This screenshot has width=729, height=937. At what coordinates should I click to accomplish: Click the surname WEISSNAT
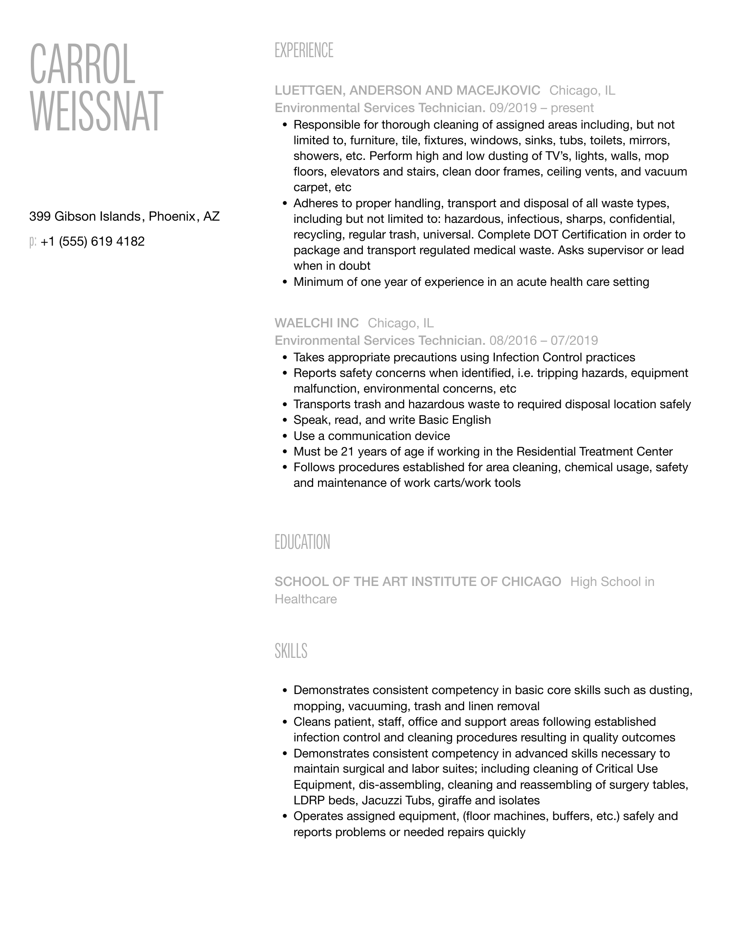[96, 111]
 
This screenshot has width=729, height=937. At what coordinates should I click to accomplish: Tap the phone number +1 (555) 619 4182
[92, 242]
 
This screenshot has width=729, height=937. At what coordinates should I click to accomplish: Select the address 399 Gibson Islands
[85, 217]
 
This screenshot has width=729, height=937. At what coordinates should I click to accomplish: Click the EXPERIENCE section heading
[304, 50]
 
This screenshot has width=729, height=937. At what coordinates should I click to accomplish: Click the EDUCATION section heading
[302, 542]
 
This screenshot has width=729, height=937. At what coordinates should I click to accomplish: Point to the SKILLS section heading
[291, 651]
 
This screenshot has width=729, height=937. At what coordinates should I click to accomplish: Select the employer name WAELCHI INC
[317, 323]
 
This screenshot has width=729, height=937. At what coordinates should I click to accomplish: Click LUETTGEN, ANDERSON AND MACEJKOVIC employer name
[407, 91]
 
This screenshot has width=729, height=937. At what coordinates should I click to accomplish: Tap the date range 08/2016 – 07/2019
[544, 341]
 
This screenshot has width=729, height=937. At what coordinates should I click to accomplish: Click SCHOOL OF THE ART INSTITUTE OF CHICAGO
[418, 581]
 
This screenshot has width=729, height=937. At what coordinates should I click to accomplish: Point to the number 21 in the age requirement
[347, 452]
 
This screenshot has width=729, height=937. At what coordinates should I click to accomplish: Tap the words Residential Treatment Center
[594, 452]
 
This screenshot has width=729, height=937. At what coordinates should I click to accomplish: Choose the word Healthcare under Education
[306, 599]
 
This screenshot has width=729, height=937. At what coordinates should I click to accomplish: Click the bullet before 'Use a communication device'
[285, 436]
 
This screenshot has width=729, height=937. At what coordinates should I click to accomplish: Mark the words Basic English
[454, 420]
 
